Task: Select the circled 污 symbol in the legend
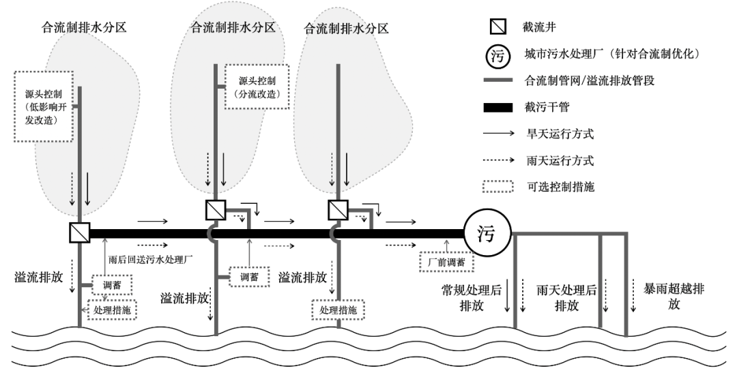[x=498, y=57]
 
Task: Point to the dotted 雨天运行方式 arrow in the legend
[x=498, y=161]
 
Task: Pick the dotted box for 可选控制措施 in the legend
[x=498, y=187]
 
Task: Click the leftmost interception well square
[x=81, y=233]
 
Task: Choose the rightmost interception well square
[x=338, y=208]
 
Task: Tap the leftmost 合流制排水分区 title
[x=84, y=28]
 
